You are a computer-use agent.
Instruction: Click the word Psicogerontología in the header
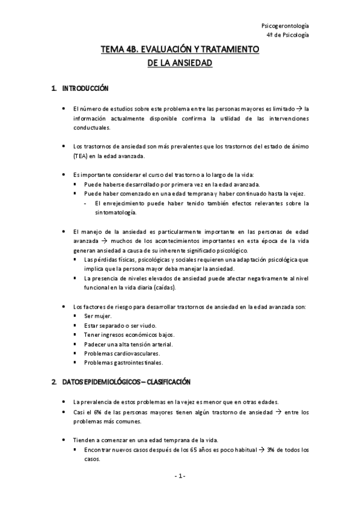pos(286,26)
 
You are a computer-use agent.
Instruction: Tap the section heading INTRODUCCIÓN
pos(85,90)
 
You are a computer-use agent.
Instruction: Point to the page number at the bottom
pos(180,476)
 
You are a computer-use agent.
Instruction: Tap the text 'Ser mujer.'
pos(98,316)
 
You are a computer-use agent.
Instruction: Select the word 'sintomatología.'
pos(116,212)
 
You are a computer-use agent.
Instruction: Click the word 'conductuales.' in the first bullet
pos(91,127)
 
